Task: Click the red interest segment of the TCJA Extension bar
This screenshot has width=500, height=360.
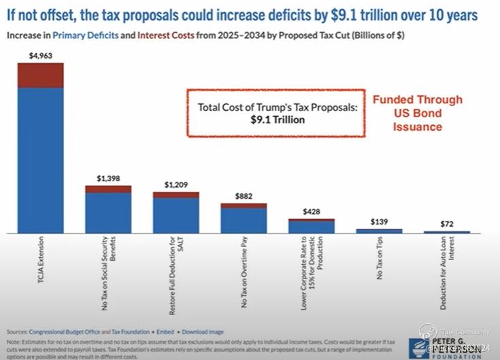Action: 40,76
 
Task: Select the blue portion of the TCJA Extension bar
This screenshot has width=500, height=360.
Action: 40,160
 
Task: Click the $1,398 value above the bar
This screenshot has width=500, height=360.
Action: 107,178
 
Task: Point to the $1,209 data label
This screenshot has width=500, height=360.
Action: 176,184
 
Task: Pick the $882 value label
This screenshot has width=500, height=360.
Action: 243,196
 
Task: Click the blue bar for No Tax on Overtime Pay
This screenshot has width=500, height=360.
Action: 243,220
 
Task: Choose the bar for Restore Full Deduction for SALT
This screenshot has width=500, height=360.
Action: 176,215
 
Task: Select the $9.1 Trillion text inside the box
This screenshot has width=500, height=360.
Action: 277,120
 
